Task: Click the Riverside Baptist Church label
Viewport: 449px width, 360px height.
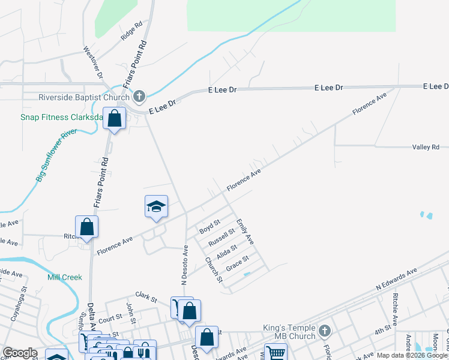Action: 84,97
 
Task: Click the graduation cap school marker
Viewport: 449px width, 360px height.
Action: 156,207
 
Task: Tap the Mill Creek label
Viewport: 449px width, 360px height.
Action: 65,277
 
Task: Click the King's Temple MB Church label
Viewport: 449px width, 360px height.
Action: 289,332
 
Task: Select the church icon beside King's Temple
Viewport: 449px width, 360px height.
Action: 325,331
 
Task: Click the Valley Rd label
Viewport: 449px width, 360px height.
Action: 426,147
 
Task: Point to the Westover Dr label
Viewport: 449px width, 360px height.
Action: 94,62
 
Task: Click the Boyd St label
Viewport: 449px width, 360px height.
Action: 206,230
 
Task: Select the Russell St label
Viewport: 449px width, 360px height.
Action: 221,238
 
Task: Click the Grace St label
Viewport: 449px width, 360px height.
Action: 237,263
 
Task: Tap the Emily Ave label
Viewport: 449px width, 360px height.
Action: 245,232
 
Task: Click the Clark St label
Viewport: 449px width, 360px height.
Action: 146,296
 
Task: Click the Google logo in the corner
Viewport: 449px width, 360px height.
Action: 20,353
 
